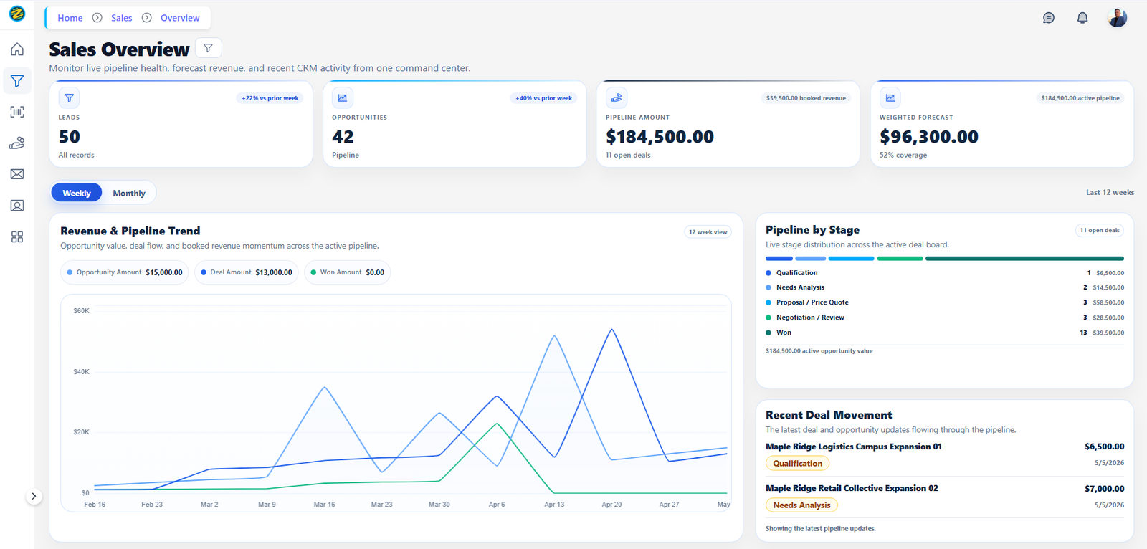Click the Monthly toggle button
128,193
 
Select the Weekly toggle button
76,193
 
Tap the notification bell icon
1082,18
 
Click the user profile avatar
1117,18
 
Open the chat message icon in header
1048,18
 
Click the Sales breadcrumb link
121,18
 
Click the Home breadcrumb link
70,18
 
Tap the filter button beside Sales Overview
208,48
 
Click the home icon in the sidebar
17,49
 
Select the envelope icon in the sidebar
17,174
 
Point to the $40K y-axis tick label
82,371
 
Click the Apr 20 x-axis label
611,505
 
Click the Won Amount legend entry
347,272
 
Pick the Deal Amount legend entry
247,272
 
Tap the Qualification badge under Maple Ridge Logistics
797,464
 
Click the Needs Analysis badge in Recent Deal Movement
801,505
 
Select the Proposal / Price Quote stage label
812,302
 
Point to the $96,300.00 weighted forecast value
929,137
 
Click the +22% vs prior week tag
270,97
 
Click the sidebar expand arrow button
34,496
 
